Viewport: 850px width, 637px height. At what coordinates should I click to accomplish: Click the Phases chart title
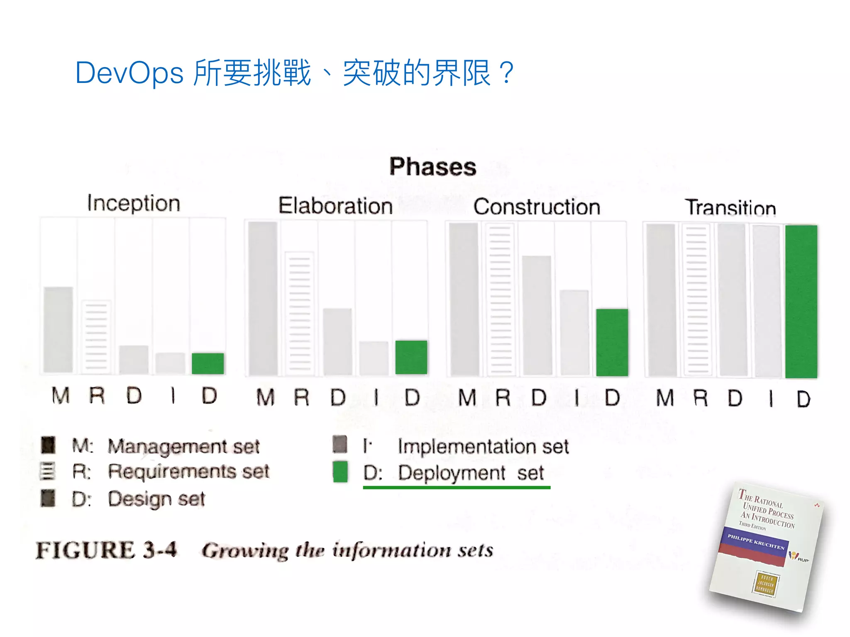(x=432, y=167)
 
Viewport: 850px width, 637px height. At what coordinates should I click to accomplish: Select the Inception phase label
(x=134, y=203)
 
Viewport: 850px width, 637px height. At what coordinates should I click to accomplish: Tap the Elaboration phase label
(x=335, y=206)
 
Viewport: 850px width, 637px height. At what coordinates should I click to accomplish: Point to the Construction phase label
(x=537, y=207)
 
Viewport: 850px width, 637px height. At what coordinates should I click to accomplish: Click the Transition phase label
(x=730, y=207)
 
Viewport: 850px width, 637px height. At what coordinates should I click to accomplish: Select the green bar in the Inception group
(x=208, y=363)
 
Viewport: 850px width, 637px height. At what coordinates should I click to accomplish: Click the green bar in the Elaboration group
(x=411, y=357)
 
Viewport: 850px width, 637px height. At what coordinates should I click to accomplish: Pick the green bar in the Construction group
(x=612, y=342)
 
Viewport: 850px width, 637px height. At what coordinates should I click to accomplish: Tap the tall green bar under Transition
(x=801, y=301)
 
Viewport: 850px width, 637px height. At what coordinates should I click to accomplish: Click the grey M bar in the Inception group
(x=58, y=330)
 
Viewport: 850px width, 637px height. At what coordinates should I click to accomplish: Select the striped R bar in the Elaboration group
(x=299, y=313)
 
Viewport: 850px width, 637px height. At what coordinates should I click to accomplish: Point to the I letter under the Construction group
(x=576, y=398)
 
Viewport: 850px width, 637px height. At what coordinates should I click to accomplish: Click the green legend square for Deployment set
(x=340, y=472)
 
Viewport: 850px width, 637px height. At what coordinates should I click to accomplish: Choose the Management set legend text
(x=183, y=446)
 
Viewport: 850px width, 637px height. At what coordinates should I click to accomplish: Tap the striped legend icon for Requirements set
(x=47, y=472)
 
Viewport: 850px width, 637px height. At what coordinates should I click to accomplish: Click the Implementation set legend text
(x=483, y=447)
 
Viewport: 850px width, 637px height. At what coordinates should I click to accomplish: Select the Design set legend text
(x=156, y=498)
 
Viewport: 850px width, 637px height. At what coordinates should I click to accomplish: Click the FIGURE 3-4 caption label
(x=106, y=550)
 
